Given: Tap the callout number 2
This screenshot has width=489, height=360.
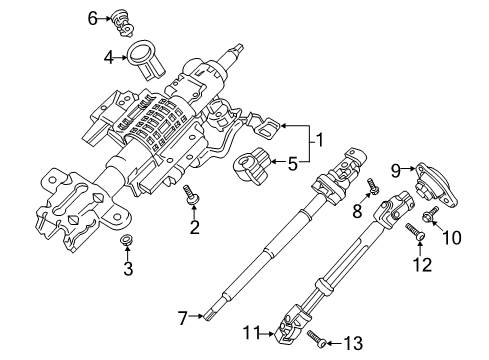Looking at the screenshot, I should (194, 227).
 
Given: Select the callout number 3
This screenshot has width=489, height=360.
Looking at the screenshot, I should (128, 268).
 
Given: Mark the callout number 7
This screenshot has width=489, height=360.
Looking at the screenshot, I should (182, 318).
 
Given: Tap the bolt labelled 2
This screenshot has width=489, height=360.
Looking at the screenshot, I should (190, 200).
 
